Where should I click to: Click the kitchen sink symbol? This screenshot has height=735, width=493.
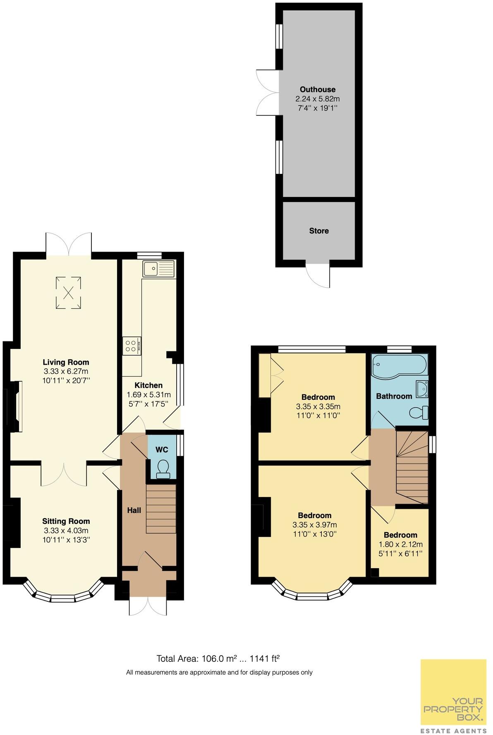coord(159,269)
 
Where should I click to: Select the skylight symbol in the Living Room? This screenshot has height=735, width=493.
coord(69,293)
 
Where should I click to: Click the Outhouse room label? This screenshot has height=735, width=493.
coord(317,89)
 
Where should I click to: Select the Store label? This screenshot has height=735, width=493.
coord(319,231)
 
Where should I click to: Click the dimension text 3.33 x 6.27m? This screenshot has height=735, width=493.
coord(66,371)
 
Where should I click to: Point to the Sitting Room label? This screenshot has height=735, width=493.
coord(66,521)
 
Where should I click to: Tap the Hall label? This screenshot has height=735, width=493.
coord(134,510)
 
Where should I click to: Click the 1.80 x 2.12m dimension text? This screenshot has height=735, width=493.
coord(400,544)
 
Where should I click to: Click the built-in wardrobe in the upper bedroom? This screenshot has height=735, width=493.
coord(265,375)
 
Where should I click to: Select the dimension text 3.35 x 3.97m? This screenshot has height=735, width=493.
coord(314,525)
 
